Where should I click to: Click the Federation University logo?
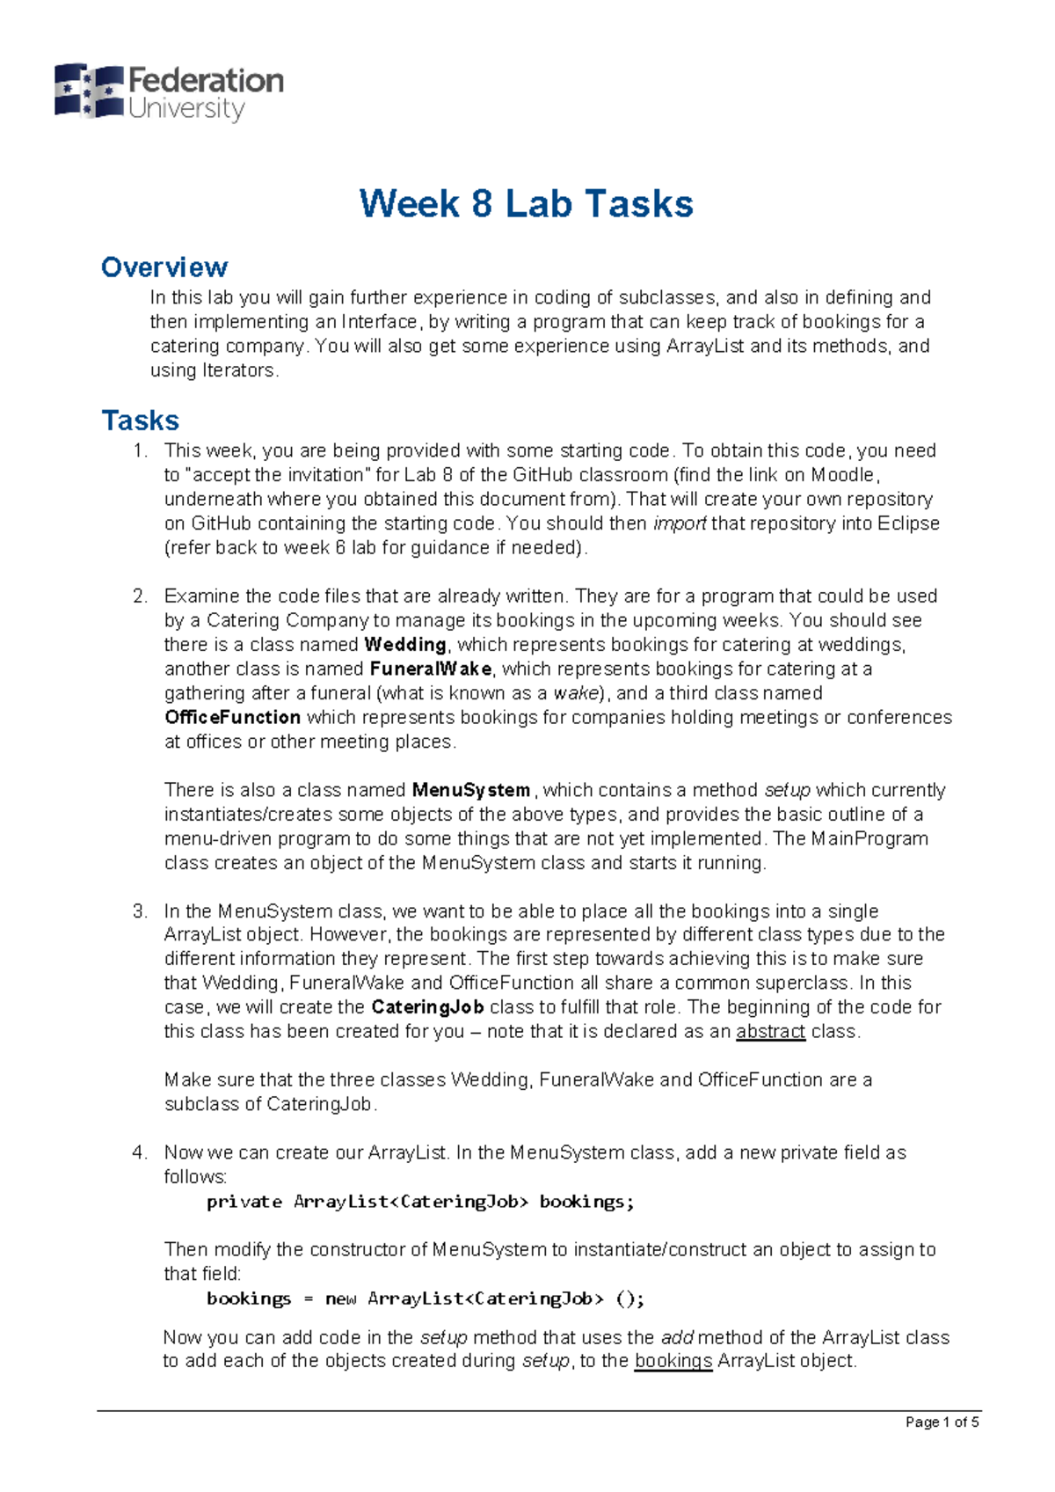pyautogui.click(x=169, y=92)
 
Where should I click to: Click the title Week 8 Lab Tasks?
pyautogui.click(x=526, y=204)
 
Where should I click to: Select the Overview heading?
pyautogui.click(x=164, y=267)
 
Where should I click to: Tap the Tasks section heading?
pyautogui.click(x=141, y=421)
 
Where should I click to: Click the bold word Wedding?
pyautogui.click(x=405, y=645)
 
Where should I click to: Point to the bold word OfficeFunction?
pyautogui.click(x=232, y=718)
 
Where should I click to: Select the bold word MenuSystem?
pyautogui.click(x=471, y=790)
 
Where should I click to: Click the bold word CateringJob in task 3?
pyautogui.click(x=427, y=1007)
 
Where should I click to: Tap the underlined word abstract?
pyautogui.click(x=770, y=1032)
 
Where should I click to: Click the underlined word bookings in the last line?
pyautogui.click(x=673, y=1361)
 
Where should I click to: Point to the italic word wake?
pyautogui.click(x=576, y=693)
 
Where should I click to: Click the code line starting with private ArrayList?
pyautogui.click(x=420, y=1202)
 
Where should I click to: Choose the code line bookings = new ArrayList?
pyautogui.click(x=426, y=1298)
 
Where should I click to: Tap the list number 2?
pyautogui.click(x=140, y=596)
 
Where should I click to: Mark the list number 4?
pyautogui.click(x=140, y=1152)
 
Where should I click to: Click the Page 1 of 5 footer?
pyautogui.click(x=942, y=1423)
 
